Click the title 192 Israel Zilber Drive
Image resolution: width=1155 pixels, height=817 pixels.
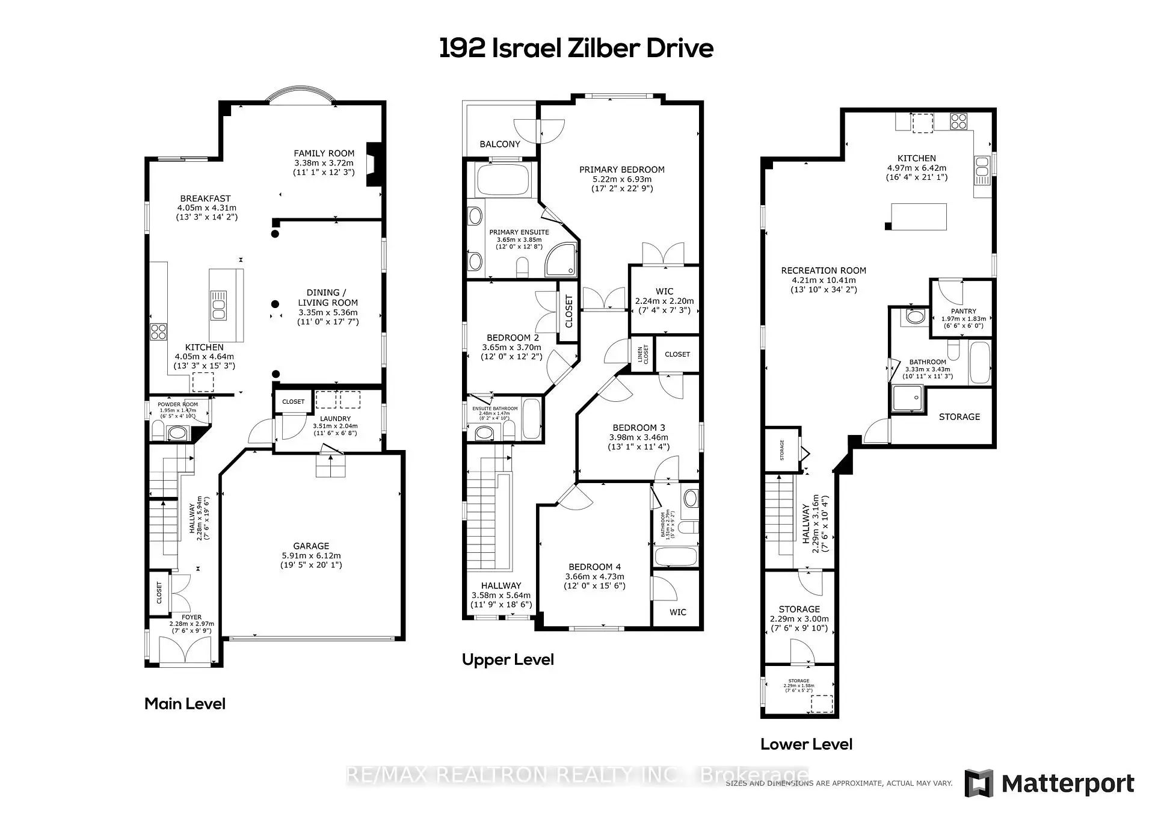tap(576, 48)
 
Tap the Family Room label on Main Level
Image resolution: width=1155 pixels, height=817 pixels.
tap(324, 153)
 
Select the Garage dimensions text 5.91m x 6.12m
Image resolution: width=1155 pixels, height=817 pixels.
tap(311, 556)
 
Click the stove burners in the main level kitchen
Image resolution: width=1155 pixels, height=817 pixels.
tap(158, 331)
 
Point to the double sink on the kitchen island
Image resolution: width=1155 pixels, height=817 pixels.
tap(218, 305)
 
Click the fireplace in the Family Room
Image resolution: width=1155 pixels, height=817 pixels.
tap(374, 165)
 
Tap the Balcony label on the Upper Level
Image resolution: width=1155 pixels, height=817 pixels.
tap(499, 144)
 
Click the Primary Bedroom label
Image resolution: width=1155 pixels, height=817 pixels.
tap(621, 170)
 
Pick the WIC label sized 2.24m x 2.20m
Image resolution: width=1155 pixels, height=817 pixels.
tap(664, 291)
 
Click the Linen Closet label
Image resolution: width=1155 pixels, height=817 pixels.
tap(643, 354)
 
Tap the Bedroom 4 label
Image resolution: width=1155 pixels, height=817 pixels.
tap(594, 567)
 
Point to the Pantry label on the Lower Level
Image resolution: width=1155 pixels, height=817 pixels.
tap(963, 311)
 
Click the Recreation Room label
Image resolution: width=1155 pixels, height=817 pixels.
tap(823, 271)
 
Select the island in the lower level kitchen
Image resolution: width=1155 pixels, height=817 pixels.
tap(919, 217)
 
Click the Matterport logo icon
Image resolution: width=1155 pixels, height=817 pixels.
tap(979, 783)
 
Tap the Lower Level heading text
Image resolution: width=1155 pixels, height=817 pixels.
tap(806, 744)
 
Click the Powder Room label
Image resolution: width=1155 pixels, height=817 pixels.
tap(177, 404)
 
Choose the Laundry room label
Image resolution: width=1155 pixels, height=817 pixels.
tap(335, 419)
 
